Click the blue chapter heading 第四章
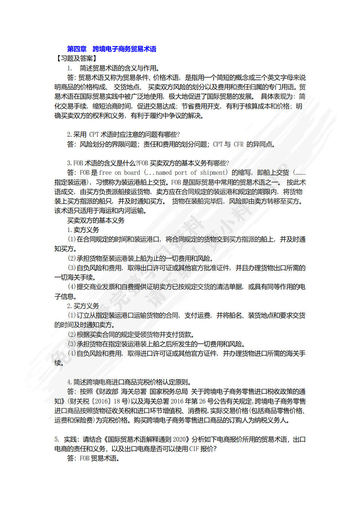77,49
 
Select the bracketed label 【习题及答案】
76,58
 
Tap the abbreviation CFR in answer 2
239,144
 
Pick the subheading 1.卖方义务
83,230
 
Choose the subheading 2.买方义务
83,306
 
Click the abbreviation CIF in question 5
194,449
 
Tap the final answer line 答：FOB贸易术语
93,458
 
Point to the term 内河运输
131,211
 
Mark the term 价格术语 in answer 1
166,78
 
